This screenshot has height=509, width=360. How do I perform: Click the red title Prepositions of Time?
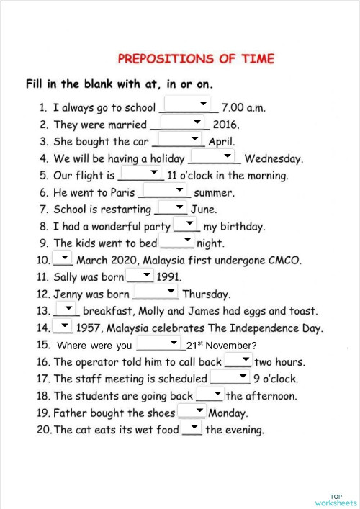[195, 58]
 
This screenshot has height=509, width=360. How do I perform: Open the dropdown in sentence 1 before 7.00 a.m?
[188, 105]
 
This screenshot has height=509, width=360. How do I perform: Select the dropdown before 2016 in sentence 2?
[179, 122]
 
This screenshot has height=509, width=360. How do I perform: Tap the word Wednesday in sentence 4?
[274, 159]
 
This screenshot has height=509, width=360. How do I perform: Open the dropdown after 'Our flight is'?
[141, 173]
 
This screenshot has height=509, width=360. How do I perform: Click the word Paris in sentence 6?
[117, 193]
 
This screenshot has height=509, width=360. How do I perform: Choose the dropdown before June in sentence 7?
[171, 207]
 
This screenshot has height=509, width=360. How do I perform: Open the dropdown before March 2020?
[63, 258]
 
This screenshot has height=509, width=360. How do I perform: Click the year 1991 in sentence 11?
[168, 276]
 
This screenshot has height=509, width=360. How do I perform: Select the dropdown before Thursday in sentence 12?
[156, 292]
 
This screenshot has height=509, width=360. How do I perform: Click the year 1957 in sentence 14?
[91, 328]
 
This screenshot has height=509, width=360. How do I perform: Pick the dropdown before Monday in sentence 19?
[192, 411]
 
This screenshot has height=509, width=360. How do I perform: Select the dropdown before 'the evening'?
[192, 428]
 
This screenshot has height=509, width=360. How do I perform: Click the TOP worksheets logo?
[336, 500]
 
